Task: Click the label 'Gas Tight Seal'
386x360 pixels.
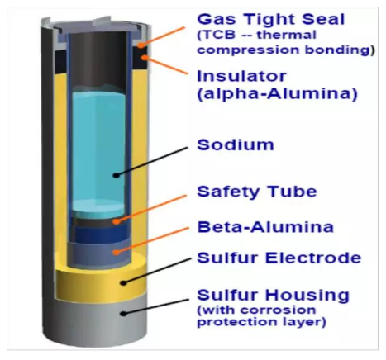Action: [x=271, y=20]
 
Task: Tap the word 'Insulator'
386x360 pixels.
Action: [x=241, y=76]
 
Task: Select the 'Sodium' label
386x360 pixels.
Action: [x=236, y=144]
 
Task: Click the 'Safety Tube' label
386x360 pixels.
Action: [x=257, y=192]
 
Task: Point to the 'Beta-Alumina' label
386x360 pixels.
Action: [x=265, y=227]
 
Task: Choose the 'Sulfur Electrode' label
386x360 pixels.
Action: [x=279, y=258]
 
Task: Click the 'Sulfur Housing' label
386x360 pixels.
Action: [x=274, y=295]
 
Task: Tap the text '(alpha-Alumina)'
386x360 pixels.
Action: [x=278, y=94]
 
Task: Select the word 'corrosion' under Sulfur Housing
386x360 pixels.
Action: [x=278, y=310]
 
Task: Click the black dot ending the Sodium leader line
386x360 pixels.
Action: [x=117, y=175]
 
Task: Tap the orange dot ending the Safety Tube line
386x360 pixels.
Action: [x=117, y=221]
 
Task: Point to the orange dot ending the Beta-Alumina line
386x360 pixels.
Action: [x=117, y=252]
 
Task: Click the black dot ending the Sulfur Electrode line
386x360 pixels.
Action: [x=124, y=282]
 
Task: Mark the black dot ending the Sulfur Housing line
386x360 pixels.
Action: [x=124, y=313]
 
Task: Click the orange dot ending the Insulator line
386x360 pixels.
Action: [x=144, y=58]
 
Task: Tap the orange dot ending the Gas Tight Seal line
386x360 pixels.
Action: [x=141, y=45]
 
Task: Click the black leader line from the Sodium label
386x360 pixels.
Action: [x=152, y=161]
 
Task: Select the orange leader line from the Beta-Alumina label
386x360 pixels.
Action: [x=153, y=239]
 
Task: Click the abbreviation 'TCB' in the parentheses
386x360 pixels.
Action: [x=217, y=35]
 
